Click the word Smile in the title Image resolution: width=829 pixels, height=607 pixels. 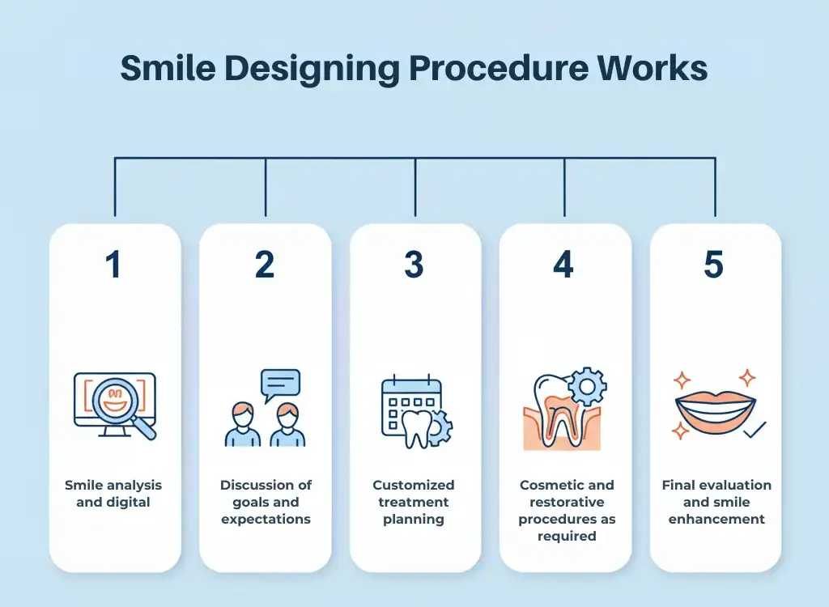tap(168, 69)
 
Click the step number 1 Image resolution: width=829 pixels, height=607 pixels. tap(114, 265)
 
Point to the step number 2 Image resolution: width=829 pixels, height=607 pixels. tap(265, 265)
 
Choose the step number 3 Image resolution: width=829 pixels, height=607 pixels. tap(414, 265)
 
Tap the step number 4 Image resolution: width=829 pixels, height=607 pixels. tap(563, 265)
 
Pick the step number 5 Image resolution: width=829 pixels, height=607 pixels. tap(713, 265)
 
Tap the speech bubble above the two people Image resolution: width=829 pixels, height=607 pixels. tap(280, 383)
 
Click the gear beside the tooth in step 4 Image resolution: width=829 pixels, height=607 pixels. tap(586, 387)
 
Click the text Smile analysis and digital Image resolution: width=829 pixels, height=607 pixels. tap(113, 494)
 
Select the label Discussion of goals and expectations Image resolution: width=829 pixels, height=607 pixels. tap(266, 502)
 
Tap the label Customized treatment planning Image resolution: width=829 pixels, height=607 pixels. tap(414, 502)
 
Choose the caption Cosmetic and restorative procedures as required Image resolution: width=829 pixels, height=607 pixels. tap(567, 510)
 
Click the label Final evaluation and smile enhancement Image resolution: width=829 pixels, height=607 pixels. tap(716, 502)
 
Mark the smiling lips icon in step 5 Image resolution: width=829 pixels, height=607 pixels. tap(713, 409)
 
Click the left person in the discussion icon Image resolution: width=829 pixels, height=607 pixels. tap(243, 427)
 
